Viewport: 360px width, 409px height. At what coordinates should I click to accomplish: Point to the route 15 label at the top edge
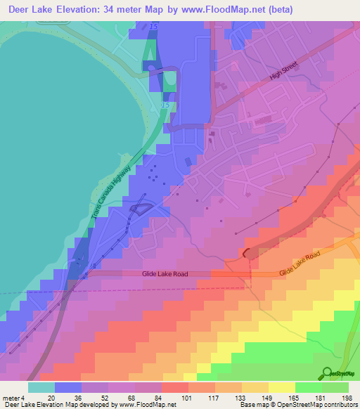153,26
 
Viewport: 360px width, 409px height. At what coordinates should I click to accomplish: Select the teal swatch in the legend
41,387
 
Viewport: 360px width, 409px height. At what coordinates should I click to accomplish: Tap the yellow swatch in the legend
281,387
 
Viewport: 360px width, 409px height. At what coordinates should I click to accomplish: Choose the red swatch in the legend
174,387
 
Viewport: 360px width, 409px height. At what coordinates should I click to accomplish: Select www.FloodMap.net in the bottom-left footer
146,405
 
